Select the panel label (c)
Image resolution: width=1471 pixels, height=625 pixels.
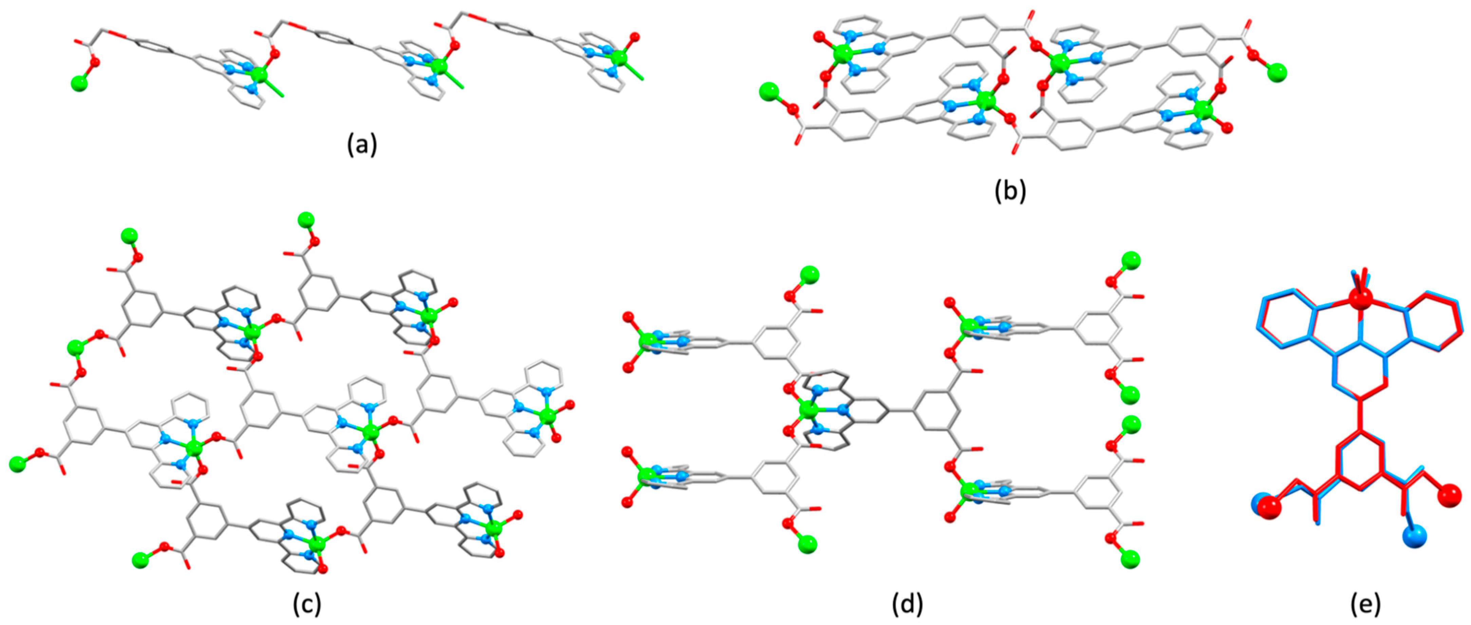pyautogui.click(x=306, y=605)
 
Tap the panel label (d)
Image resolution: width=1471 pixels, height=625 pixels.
pyautogui.click(x=907, y=605)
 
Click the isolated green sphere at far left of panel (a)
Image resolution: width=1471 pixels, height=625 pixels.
pyautogui.click(x=80, y=84)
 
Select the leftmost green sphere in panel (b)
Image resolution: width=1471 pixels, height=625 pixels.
pyautogui.click(x=769, y=91)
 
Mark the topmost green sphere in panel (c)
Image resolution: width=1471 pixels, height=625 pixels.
pyautogui.click(x=306, y=220)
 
